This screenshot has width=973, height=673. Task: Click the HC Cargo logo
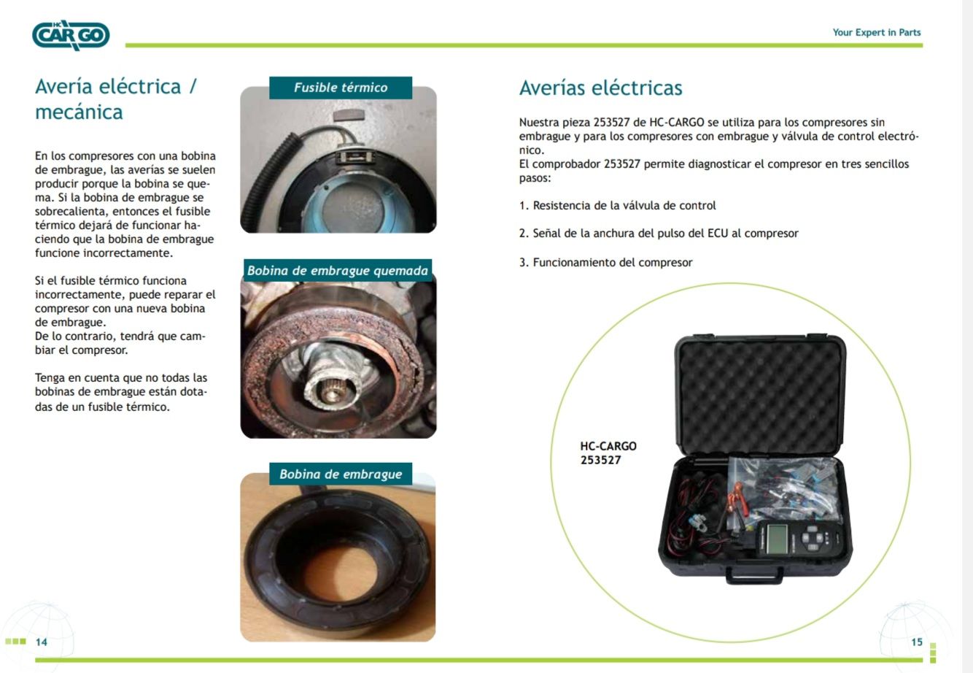click(71, 35)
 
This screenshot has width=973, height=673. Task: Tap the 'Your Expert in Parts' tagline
click(876, 33)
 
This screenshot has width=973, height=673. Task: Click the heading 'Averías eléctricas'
click(601, 88)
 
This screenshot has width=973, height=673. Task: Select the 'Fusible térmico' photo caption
click(341, 88)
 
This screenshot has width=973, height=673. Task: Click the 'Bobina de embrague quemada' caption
click(338, 270)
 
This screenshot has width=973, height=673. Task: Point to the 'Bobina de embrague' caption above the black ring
click(341, 474)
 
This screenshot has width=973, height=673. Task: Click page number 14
click(42, 642)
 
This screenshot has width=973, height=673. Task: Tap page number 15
click(917, 642)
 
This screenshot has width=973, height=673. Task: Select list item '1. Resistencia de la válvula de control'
click(617, 206)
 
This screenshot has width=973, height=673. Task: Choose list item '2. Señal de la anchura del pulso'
click(659, 234)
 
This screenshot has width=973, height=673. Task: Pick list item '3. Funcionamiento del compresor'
click(605, 263)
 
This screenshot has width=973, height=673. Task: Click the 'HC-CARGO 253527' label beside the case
click(608, 453)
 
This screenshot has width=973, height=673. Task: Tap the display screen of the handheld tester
click(777, 539)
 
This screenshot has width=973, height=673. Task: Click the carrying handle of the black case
click(754, 576)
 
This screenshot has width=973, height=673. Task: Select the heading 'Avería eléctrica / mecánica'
click(116, 99)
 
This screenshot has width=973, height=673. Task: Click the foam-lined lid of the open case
click(760, 396)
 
